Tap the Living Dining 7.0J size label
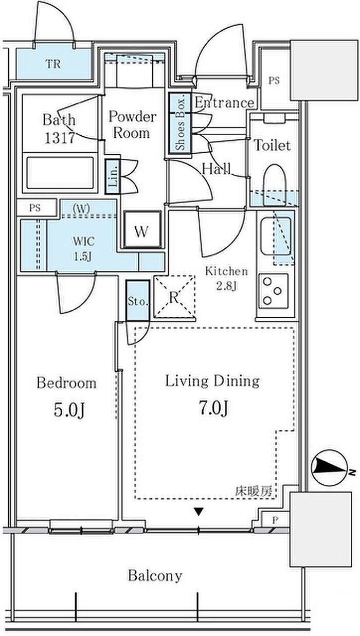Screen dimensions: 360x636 tap(213, 408)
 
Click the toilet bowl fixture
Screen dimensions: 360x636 tap(274, 186)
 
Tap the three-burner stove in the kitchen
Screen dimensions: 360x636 tap(274, 292)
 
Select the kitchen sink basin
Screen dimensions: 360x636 tap(276, 236)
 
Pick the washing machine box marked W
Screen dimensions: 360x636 tap(142, 229)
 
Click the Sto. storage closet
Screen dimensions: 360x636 tap(138, 300)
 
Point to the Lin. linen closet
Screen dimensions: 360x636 tap(113, 176)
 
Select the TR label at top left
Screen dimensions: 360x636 tap(53, 64)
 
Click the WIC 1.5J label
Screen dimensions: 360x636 tap(83, 249)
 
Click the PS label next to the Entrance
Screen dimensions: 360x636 tap(274, 81)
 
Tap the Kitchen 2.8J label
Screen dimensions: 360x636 tap(226, 279)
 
